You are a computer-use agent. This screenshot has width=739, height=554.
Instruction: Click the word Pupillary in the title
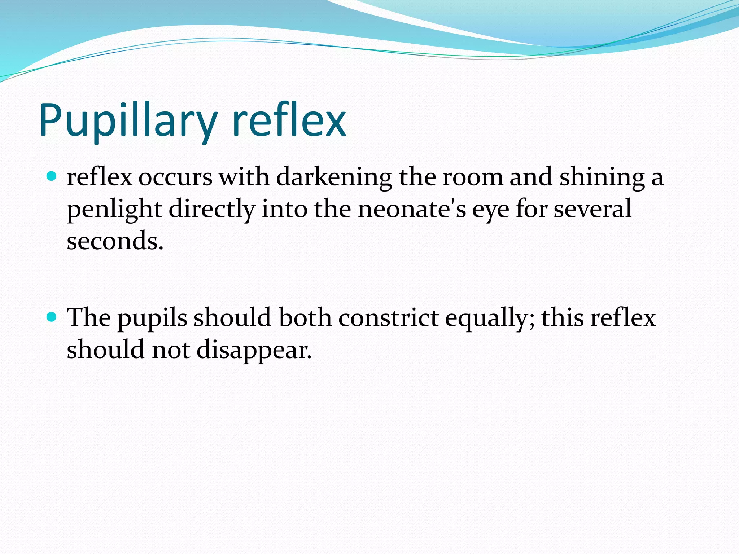click(x=128, y=121)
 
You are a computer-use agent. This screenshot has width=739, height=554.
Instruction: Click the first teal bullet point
click(x=52, y=177)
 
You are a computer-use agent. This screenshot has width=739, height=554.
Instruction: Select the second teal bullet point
click(x=52, y=317)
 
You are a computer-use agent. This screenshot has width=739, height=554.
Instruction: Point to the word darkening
click(x=334, y=178)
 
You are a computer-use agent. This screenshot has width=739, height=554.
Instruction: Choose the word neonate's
click(x=412, y=209)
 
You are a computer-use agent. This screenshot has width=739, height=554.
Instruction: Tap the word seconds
click(x=115, y=241)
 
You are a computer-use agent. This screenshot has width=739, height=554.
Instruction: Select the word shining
click(x=602, y=178)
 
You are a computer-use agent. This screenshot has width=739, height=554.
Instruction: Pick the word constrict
click(x=388, y=318)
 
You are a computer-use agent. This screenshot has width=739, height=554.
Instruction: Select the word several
click(x=592, y=209)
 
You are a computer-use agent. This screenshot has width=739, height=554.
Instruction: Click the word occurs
click(x=175, y=178)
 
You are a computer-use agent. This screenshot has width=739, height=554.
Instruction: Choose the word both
click(x=305, y=318)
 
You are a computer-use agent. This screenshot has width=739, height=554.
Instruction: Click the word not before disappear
click(x=171, y=350)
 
